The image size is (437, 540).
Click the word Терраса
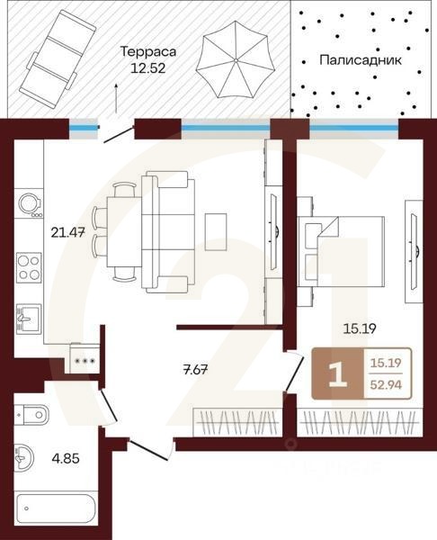[148, 51]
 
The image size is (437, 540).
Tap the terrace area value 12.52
[148, 68]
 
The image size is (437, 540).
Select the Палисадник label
[361, 60]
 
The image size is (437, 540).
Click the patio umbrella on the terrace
[236, 59]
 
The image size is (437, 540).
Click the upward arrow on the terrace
[116, 98]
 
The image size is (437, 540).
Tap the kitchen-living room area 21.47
[67, 233]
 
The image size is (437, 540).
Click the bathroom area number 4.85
[66, 458]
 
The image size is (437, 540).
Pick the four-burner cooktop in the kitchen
[29, 267]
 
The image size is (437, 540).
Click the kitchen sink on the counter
[29, 319]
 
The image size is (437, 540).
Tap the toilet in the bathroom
[31, 414]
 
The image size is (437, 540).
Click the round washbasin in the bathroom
[23, 458]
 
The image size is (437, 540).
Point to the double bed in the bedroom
[341, 251]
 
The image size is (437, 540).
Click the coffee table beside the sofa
[216, 232]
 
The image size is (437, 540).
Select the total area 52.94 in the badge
[386, 384]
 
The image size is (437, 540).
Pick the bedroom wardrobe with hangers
[360, 423]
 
